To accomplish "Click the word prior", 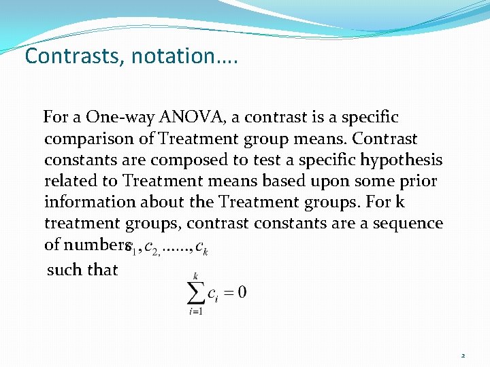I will pyautogui.click(x=416, y=181).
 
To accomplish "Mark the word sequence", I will pyautogui.click(x=406, y=224).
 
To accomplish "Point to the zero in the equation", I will pyautogui.click(x=242, y=293).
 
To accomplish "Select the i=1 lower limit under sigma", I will pyautogui.click(x=197, y=313).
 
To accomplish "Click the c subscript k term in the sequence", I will pyautogui.click(x=201, y=250).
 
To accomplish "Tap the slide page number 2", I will pyautogui.click(x=463, y=355).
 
